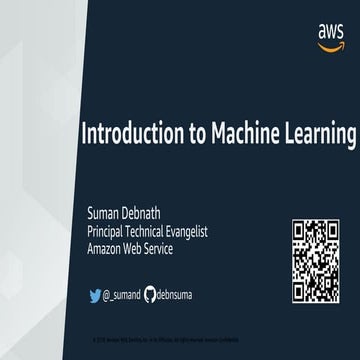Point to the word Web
(146, 246)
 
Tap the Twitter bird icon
(97, 295)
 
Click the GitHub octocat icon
(150, 295)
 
